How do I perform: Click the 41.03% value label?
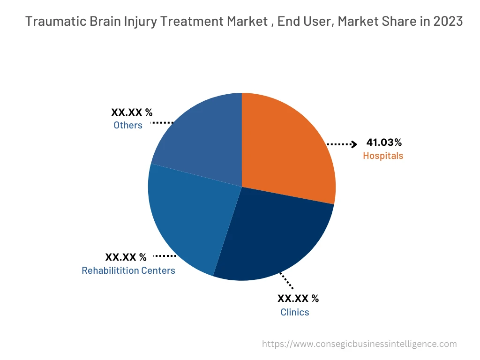pyautogui.click(x=384, y=142)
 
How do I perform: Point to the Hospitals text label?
pyautogui.click(x=383, y=156)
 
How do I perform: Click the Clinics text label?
pyautogui.click(x=295, y=312)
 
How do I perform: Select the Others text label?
pyautogui.click(x=128, y=125)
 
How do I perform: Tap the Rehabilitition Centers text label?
pyautogui.click(x=128, y=270)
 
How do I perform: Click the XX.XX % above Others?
pyautogui.click(x=132, y=112)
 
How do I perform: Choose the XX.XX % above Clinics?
pyautogui.click(x=298, y=299)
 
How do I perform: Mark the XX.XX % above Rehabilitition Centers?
pyautogui.click(x=126, y=257)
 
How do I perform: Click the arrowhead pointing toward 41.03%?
pyautogui.click(x=354, y=144)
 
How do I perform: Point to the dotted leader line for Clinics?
pyautogui.click(x=287, y=280)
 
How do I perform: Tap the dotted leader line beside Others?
pyautogui.click(x=162, y=122)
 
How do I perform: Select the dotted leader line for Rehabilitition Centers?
pyautogui.click(x=165, y=255)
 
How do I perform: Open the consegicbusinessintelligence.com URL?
pyautogui.click(x=360, y=344)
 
